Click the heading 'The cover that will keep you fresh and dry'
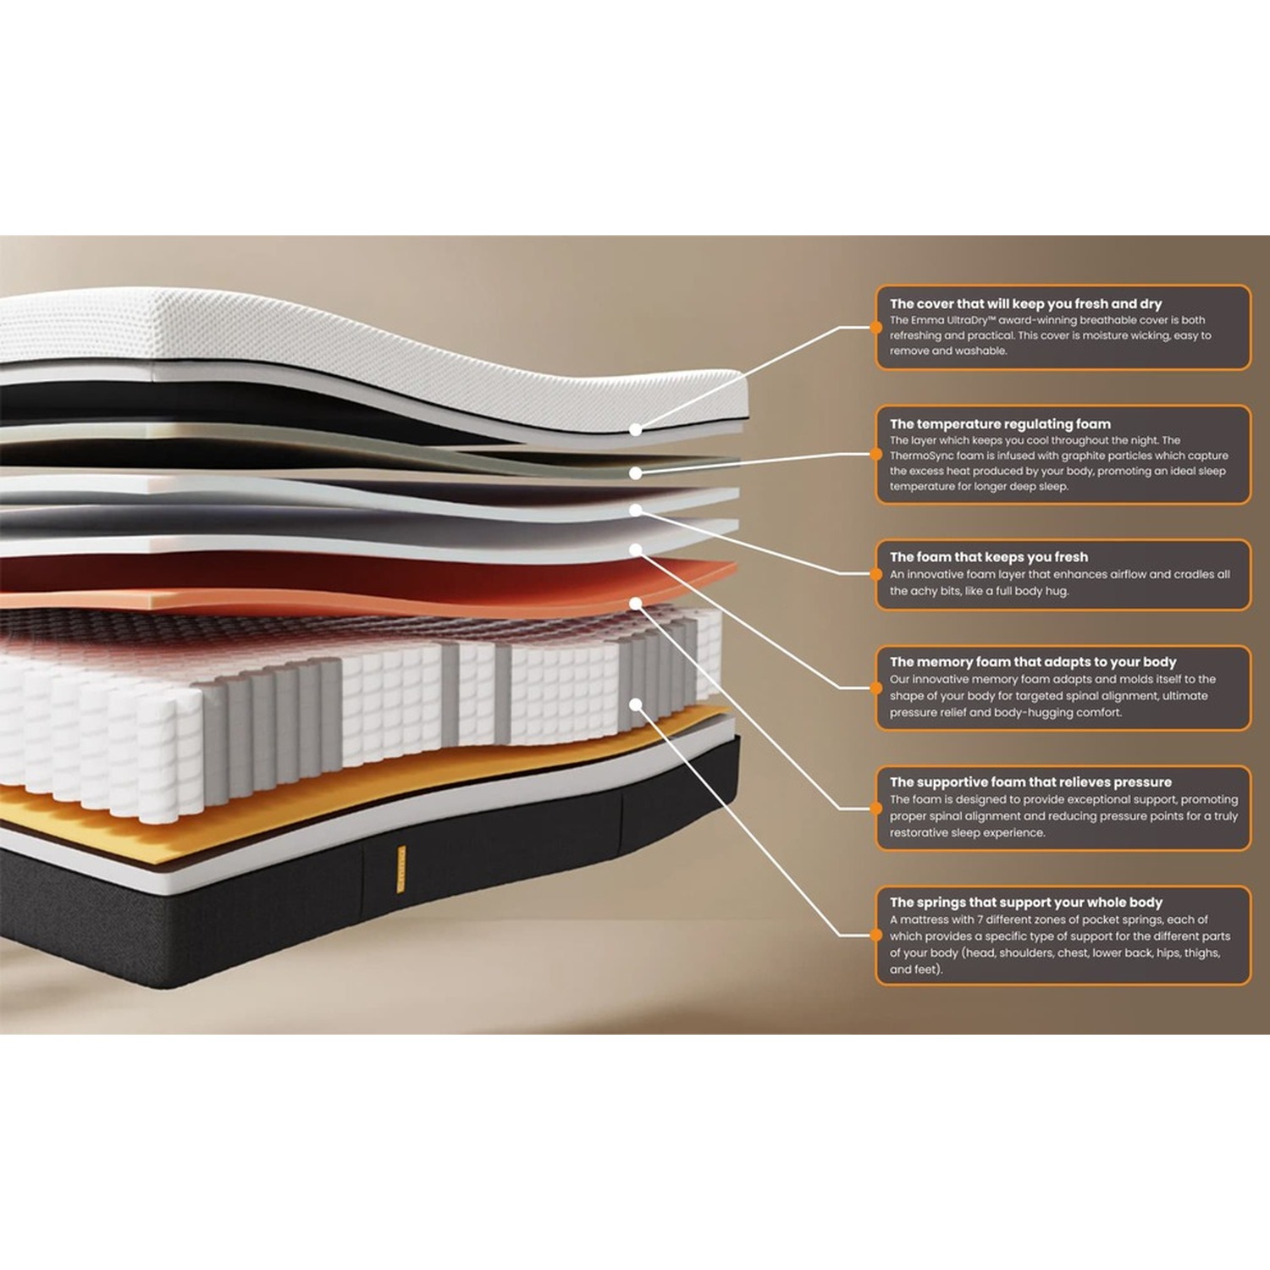click(x=1025, y=304)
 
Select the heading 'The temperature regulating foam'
click(x=1000, y=424)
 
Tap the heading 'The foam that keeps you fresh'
click(x=989, y=557)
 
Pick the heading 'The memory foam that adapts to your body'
click(x=1033, y=662)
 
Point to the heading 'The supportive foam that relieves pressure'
click(x=1030, y=782)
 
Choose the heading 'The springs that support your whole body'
click(x=1026, y=903)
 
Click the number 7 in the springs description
click(x=980, y=919)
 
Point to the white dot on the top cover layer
click(x=636, y=430)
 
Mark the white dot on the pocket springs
click(x=636, y=704)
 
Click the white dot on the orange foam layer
click(x=636, y=604)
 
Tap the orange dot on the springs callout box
click(x=876, y=936)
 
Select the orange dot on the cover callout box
click(x=876, y=327)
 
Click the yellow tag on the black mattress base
click(x=401, y=869)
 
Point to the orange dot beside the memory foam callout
click(x=876, y=687)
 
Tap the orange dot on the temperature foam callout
click(x=876, y=455)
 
